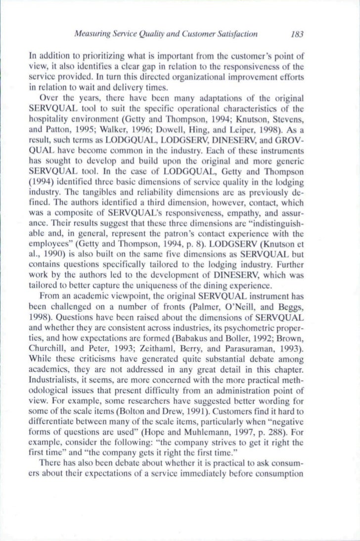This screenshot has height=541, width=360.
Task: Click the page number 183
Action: (x=296, y=36)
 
